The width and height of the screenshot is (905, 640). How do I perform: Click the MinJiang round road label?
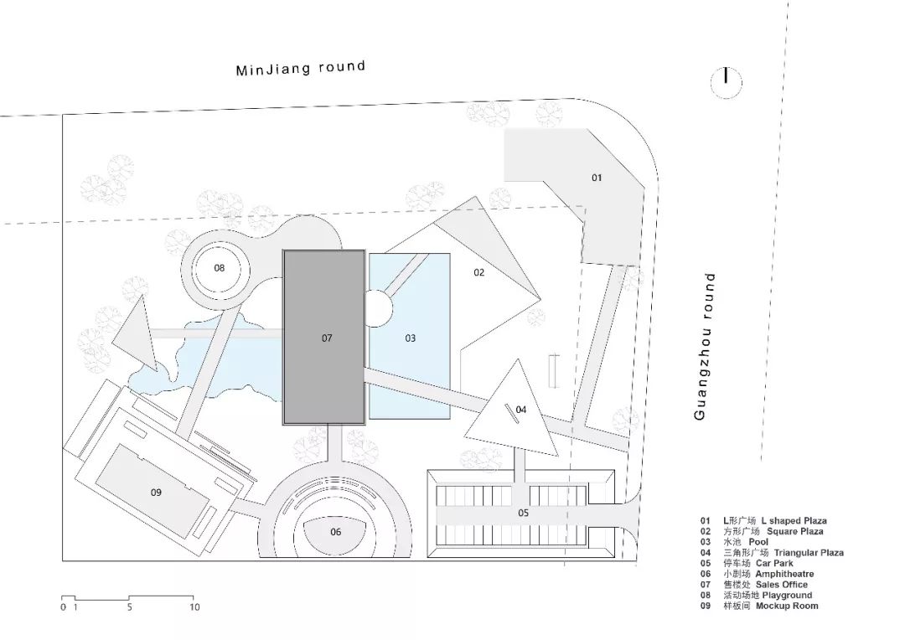click(x=301, y=68)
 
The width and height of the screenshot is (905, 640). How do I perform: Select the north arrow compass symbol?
click(x=726, y=82)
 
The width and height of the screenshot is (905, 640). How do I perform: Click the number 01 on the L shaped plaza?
click(x=597, y=178)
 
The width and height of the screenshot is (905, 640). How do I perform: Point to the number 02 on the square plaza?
click(x=479, y=272)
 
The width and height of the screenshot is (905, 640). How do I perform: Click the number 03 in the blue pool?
click(x=411, y=338)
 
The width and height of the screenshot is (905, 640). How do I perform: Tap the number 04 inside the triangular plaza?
click(x=521, y=410)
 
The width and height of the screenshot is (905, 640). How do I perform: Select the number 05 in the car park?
click(x=523, y=513)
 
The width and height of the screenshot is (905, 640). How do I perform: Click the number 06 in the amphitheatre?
click(x=336, y=532)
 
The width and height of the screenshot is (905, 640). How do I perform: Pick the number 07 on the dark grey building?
click(x=328, y=338)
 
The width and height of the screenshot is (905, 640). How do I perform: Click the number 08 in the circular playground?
click(x=220, y=268)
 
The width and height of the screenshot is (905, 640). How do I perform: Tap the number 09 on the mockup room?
click(x=156, y=493)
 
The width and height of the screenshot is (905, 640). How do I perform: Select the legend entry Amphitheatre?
click(x=784, y=574)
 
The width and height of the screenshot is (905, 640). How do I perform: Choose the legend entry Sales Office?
click(x=782, y=585)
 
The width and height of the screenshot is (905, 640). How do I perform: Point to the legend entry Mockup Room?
click(x=787, y=606)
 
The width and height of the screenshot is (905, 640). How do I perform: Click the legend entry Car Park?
click(x=774, y=563)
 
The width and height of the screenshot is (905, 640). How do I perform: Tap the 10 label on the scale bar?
click(x=194, y=607)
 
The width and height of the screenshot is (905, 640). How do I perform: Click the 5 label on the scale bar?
click(x=129, y=607)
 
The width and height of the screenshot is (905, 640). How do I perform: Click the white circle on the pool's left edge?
click(x=377, y=307)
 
